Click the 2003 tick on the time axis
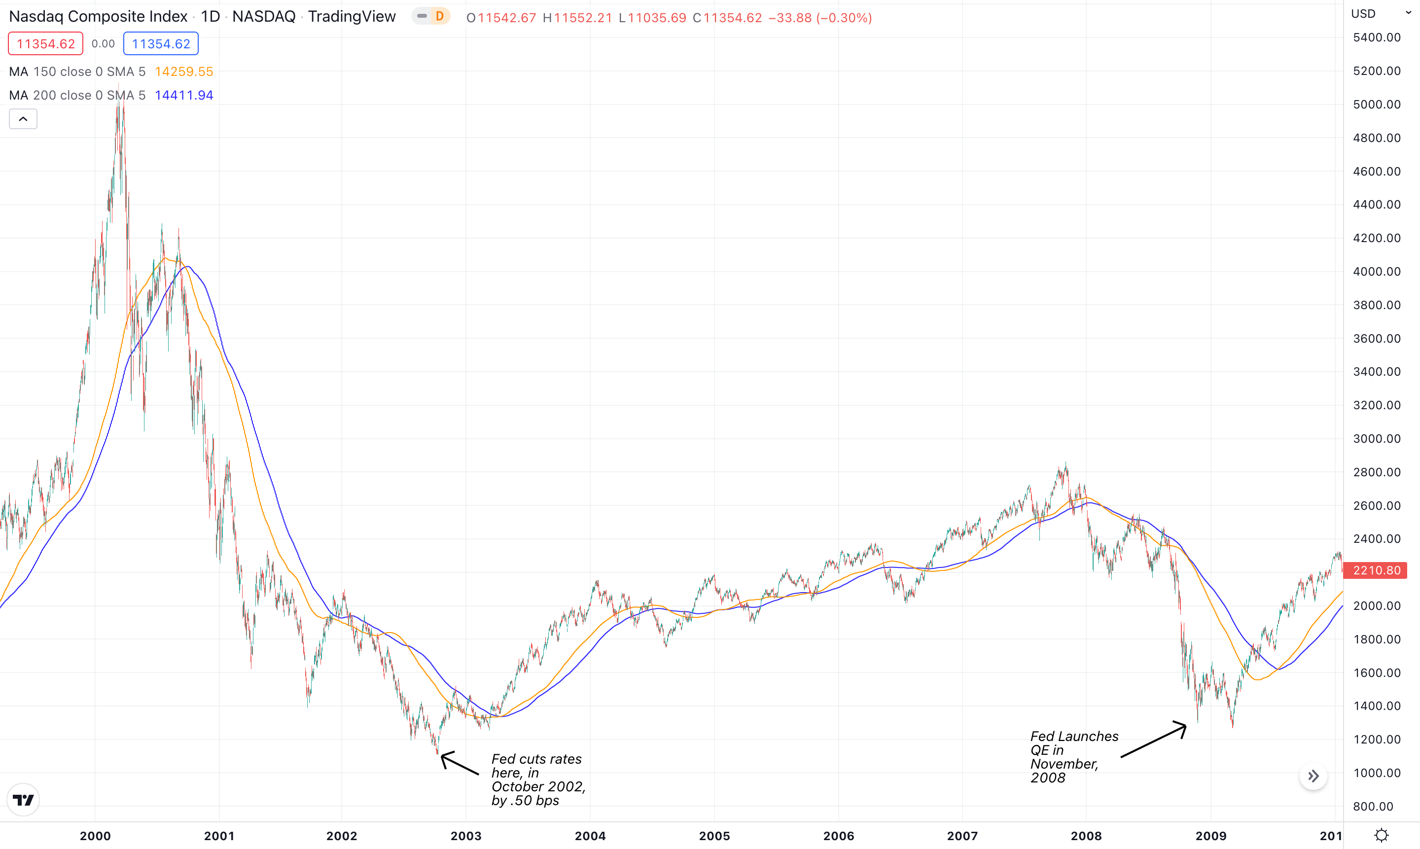(466, 836)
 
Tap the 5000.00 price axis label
(1377, 105)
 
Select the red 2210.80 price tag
(1377, 570)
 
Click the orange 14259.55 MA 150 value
(183, 71)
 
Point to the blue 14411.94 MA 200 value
(183, 95)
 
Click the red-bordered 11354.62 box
(46, 44)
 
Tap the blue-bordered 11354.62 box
(161, 44)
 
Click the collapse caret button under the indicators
(23, 119)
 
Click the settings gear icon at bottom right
(1381, 835)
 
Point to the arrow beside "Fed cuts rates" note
(459, 763)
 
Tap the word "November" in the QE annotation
(1064, 764)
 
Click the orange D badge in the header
(439, 16)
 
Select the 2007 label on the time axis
(962, 836)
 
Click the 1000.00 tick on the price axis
(1377, 773)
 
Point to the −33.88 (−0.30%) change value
(820, 18)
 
